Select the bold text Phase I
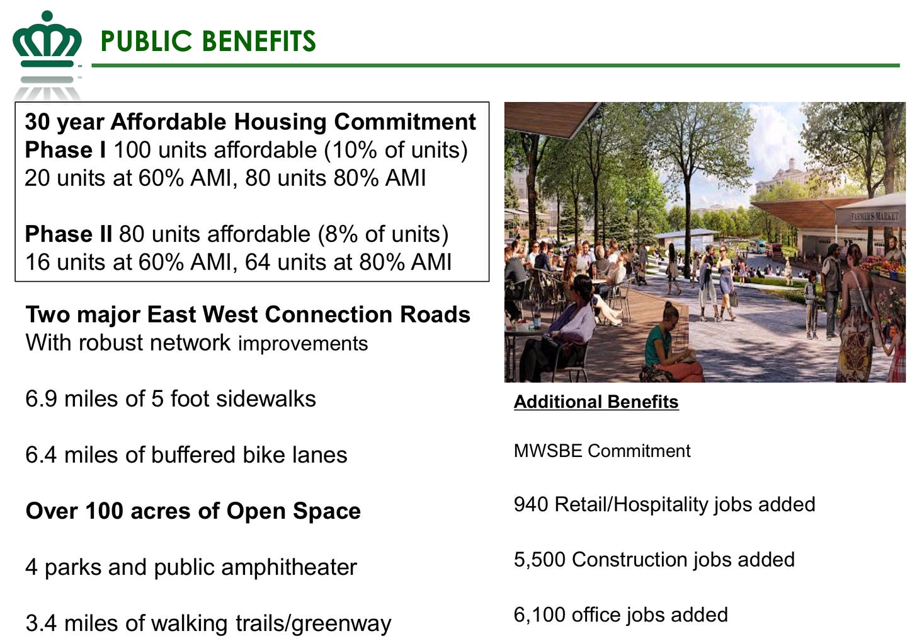click(65, 150)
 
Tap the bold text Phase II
click(69, 234)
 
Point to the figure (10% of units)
click(396, 150)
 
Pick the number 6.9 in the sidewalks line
click(41, 399)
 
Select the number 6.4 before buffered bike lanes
click(41, 455)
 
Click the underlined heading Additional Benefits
click(596, 401)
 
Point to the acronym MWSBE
click(548, 451)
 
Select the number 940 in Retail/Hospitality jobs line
click(531, 505)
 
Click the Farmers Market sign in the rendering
click(875, 216)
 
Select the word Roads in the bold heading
click(435, 315)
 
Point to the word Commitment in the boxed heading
click(405, 122)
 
